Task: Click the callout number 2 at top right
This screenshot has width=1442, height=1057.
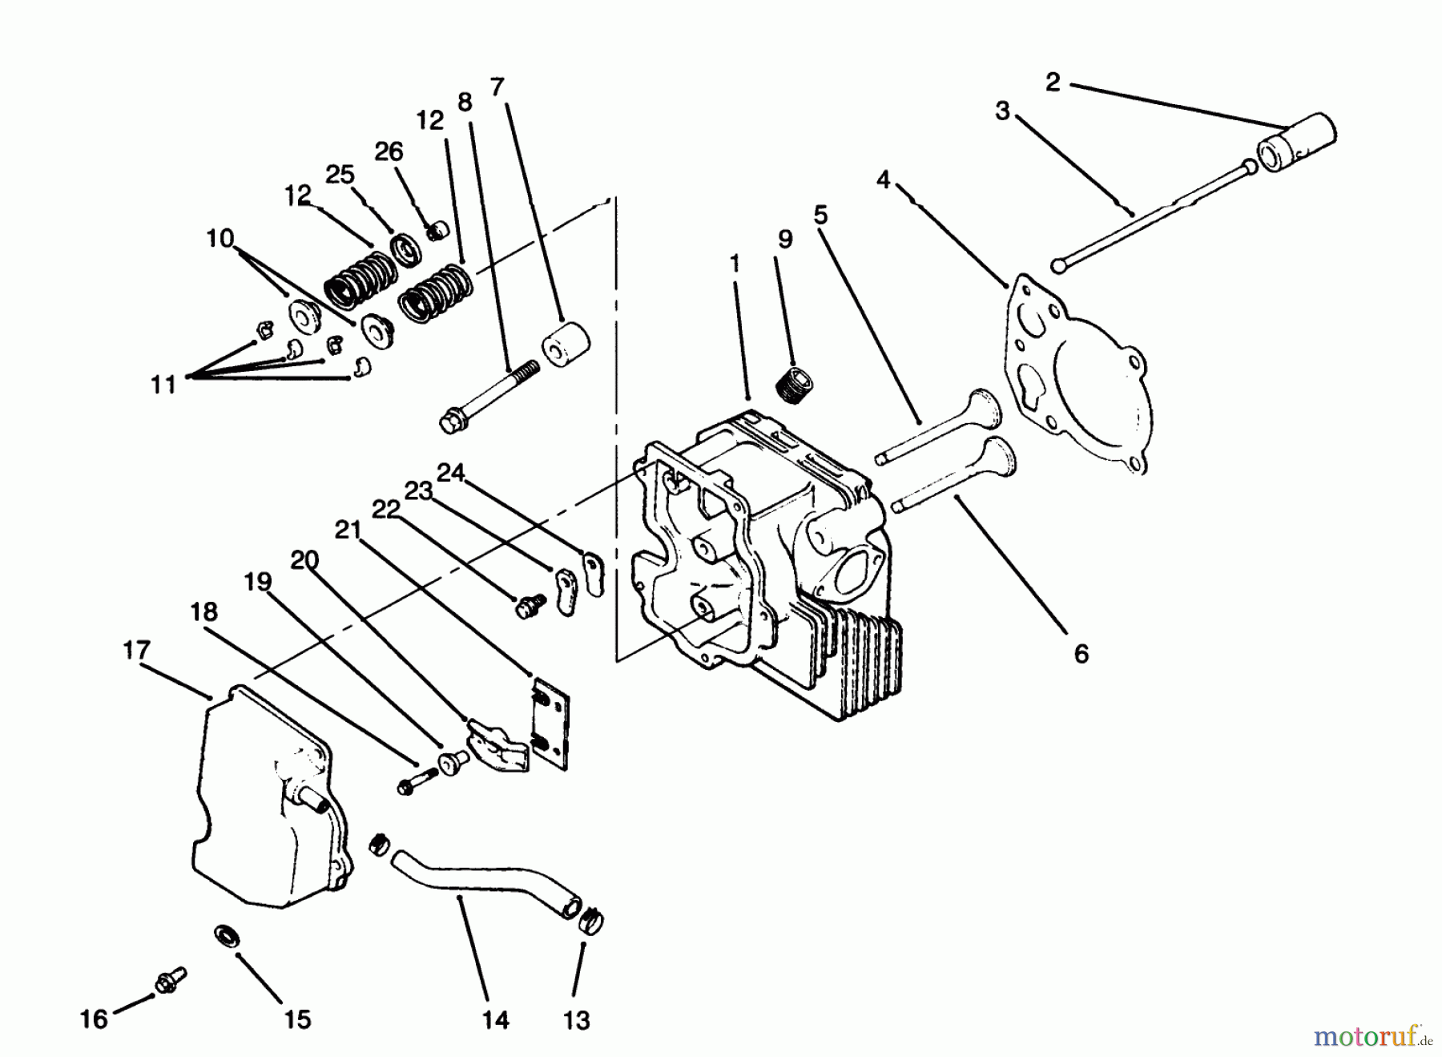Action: pyautogui.click(x=1053, y=82)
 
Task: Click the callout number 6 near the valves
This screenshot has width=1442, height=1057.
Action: pyautogui.click(x=1081, y=654)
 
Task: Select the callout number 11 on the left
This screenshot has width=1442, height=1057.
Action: pyautogui.click(x=163, y=385)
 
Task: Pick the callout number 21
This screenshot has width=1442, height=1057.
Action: pyautogui.click(x=347, y=530)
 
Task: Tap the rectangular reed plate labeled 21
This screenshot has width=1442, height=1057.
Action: pyautogui.click(x=552, y=724)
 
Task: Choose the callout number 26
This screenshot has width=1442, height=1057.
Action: pyautogui.click(x=389, y=151)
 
